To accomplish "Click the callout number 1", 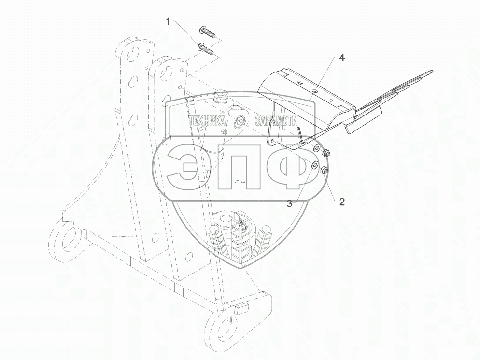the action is (168, 21).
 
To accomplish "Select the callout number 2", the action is (341, 202).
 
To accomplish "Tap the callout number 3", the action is (289, 204).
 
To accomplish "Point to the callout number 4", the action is (341, 58).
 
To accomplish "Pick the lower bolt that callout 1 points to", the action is (206, 48).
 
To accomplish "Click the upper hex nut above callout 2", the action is (326, 152).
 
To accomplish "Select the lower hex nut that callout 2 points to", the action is (325, 170).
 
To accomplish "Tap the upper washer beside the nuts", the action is (316, 148).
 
